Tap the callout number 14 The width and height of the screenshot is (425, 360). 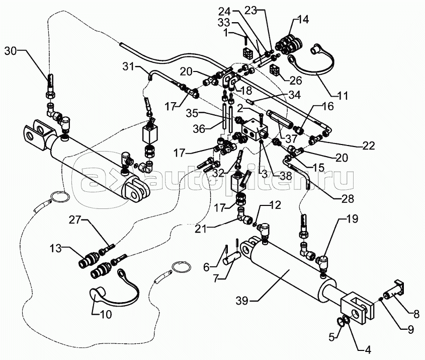pos(303,20)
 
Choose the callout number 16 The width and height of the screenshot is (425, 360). pos(327,107)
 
